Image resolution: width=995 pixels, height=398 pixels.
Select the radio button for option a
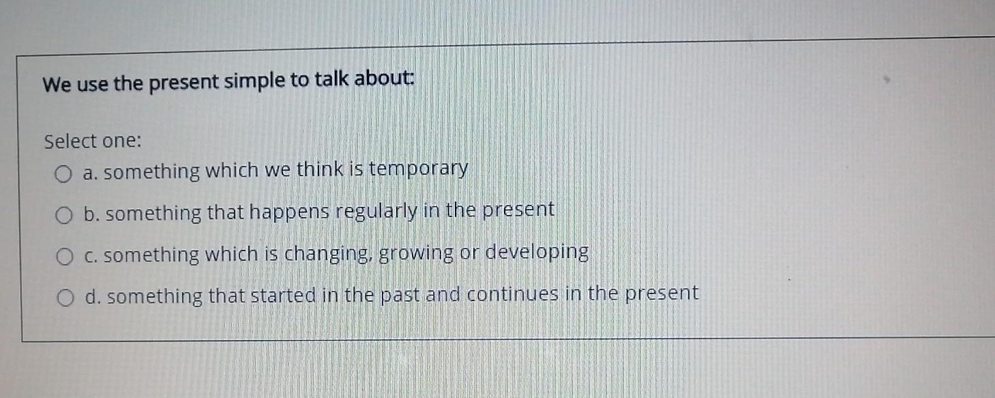tap(63, 175)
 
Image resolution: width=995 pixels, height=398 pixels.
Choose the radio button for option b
tap(64, 216)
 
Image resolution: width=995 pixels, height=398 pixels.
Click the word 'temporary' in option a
tap(419, 169)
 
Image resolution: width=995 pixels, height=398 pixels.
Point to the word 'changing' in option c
tap(327, 254)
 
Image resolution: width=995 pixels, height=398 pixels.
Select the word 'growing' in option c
tap(415, 253)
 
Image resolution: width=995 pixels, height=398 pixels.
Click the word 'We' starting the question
tap(56, 86)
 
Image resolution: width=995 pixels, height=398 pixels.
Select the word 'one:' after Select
tap(122, 141)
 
